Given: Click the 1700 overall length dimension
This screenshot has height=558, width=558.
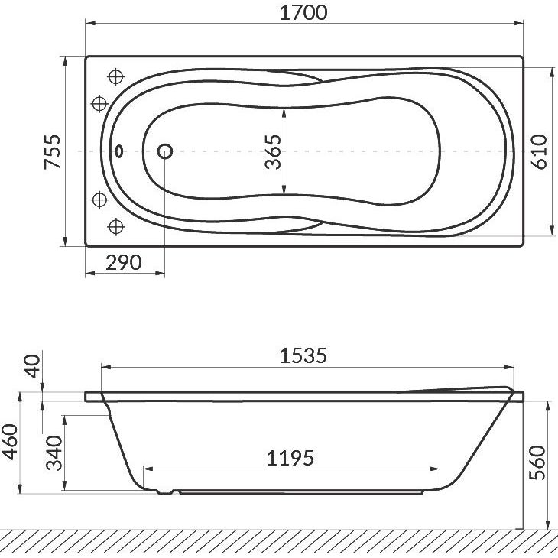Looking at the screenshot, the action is click(303, 12).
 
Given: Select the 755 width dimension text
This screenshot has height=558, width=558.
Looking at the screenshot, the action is click(52, 151).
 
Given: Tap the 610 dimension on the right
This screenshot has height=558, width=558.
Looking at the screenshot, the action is click(539, 151).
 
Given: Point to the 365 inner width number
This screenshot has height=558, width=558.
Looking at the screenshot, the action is click(274, 151).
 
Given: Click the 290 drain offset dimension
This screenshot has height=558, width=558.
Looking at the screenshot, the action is click(124, 263).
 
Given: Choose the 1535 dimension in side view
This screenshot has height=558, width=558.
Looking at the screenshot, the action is click(303, 355).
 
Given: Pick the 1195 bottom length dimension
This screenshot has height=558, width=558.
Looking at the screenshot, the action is click(290, 458).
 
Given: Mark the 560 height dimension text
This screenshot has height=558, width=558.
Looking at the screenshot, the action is click(537, 462).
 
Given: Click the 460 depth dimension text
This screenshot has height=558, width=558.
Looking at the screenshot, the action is click(10, 442).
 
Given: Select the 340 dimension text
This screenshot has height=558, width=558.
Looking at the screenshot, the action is click(54, 453).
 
